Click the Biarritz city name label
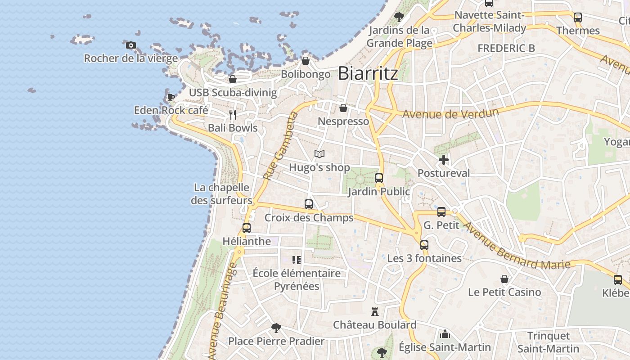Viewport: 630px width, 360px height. [368, 73]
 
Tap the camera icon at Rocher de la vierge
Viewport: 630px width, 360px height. [131, 45]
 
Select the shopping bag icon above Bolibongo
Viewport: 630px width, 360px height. [306, 61]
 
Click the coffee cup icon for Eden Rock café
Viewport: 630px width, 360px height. [171, 97]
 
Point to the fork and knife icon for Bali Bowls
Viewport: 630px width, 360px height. [233, 115]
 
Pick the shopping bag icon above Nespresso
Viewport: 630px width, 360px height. [343, 108]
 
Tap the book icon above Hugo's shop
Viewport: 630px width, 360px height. [319, 154]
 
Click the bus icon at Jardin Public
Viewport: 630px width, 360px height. [379, 178]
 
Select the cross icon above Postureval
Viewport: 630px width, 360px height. [444, 160]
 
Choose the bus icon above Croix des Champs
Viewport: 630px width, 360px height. [309, 204]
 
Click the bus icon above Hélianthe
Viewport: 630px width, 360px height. [247, 228]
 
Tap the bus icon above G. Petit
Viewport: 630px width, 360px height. [441, 212]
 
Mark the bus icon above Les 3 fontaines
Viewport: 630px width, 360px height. [424, 245]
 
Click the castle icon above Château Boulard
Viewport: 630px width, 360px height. [375, 311]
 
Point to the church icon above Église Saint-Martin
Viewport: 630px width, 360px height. [445, 334]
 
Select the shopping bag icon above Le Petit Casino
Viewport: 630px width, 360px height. [504, 279]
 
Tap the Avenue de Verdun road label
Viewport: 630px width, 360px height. [450, 113]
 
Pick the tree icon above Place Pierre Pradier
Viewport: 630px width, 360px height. [276, 328]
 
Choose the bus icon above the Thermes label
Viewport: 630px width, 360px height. [578, 18]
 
